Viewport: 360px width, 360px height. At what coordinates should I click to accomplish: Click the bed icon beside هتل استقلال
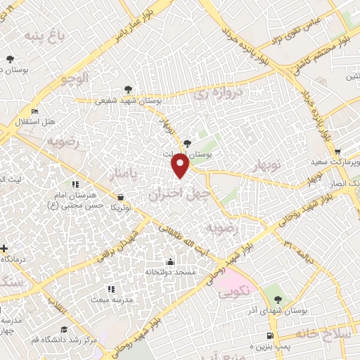35,112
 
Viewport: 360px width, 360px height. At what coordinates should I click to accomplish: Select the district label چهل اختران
175,192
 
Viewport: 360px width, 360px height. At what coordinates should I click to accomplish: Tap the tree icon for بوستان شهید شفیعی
128,89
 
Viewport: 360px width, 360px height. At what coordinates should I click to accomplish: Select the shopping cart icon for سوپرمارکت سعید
337,151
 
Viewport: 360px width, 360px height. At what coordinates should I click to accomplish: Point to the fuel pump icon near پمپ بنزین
271,335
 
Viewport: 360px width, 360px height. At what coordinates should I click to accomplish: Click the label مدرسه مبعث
109,300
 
